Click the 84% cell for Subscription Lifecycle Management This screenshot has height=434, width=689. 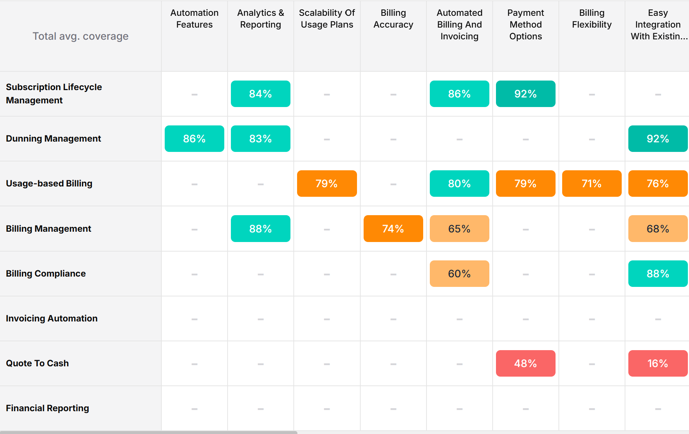[260, 94]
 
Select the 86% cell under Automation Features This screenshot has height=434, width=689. [194, 139]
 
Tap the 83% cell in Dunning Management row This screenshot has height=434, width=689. [260, 139]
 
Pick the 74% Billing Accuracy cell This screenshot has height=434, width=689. [393, 229]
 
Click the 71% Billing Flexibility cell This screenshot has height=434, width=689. [592, 184]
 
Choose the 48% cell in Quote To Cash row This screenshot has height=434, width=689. [525, 363]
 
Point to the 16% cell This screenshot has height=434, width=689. [657, 363]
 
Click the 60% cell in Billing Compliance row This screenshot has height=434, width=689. [459, 274]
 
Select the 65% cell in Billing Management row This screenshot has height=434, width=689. [459, 229]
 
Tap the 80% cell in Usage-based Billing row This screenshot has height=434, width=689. [459, 184]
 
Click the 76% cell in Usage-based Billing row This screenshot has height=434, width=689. [657, 184]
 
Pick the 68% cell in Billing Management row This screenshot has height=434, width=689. [657, 229]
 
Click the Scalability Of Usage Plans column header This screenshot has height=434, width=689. [327, 19]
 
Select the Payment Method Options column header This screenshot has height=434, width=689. [525, 25]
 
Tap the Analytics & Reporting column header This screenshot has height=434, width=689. [260, 19]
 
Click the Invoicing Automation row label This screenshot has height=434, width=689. [52, 319]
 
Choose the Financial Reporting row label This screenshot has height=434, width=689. [47, 408]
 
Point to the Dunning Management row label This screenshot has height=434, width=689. [53, 139]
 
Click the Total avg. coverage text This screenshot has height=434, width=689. [81, 36]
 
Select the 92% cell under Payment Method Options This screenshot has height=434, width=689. [525, 94]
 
